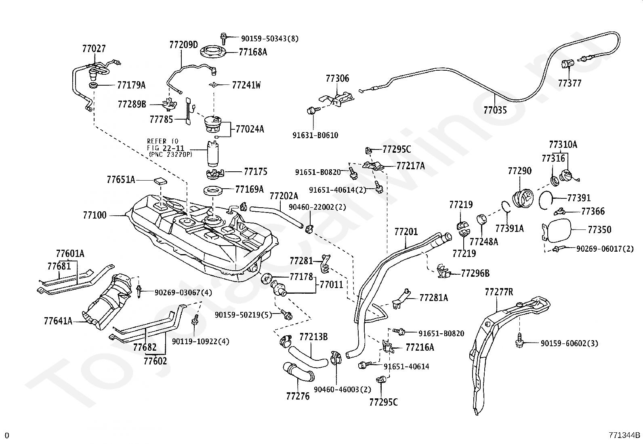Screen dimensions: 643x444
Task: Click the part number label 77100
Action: click(x=95, y=215)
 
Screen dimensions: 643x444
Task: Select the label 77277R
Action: click(x=499, y=292)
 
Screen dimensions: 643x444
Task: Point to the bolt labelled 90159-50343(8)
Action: click(x=224, y=38)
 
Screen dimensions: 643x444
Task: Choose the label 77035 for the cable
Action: click(x=495, y=110)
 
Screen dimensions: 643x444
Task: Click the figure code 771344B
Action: click(x=625, y=436)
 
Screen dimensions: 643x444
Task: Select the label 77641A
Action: click(x=58, y=321)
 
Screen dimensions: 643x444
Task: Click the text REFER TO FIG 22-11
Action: click(x=165, y=145)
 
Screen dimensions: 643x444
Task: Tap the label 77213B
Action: click(x=313, y=337)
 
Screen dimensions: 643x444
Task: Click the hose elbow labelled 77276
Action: click(x=298, y=372)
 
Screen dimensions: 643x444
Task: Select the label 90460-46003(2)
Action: click(x=343, y=390)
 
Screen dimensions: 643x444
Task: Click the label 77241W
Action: click(x=246, y=85)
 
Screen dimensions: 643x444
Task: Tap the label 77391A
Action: click(x=510, y=228)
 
